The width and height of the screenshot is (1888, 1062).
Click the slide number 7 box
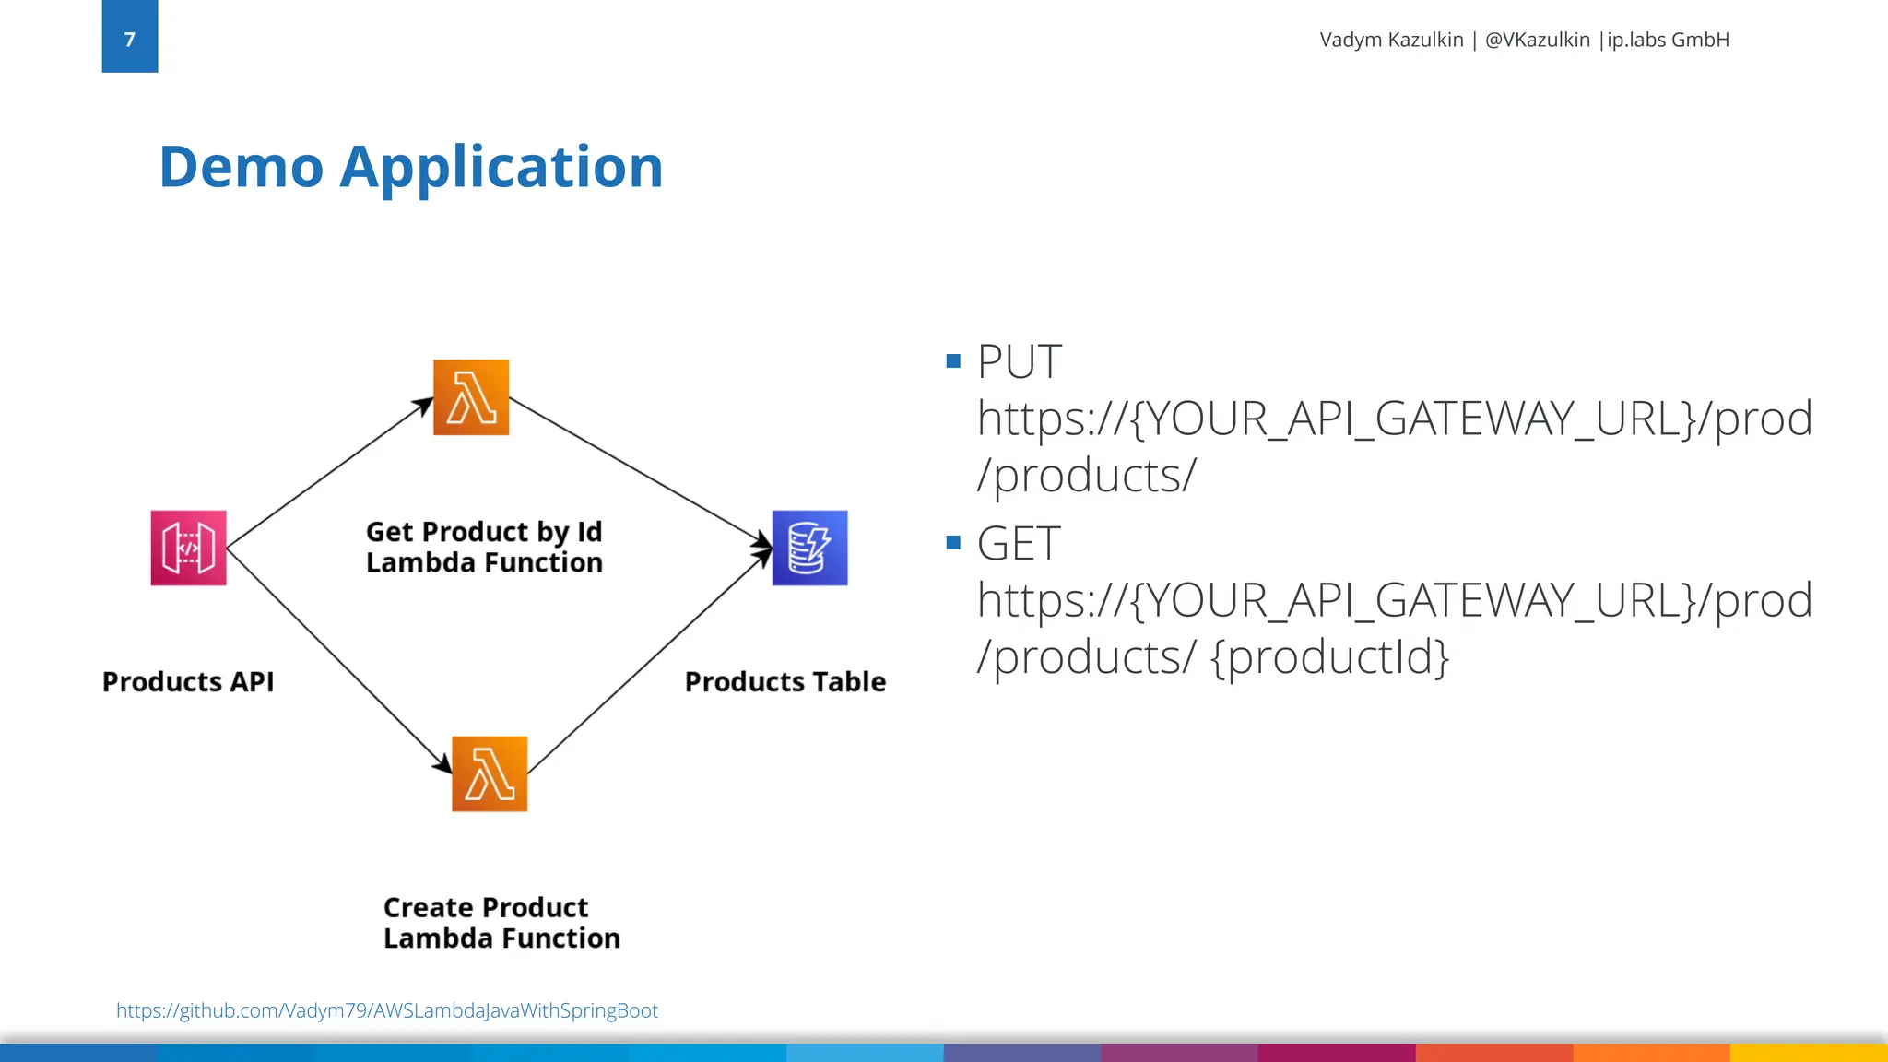click(129, 37)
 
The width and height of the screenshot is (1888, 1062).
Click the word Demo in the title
click(241, 167)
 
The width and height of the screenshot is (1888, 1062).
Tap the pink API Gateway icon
click(188, 548)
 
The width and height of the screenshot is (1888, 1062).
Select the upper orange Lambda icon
click(471, 397)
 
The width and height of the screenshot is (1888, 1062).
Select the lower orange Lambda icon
click(490, 773)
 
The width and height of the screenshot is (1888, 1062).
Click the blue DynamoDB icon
click(809, 548)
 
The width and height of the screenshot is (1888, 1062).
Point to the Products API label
click(188, 682)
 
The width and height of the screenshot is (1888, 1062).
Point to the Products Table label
click(785, 682)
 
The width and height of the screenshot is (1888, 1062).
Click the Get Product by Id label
click(484, 532)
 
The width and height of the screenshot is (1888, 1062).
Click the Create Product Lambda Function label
click(501, 923)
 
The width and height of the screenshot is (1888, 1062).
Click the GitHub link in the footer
click(387, 1010)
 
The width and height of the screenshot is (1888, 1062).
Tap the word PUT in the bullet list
click(1019, 361)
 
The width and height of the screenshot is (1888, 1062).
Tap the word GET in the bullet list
click(1019, 543)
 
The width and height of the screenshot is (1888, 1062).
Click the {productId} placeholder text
click(1329, 657)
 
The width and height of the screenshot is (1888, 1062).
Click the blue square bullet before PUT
click(953, 360)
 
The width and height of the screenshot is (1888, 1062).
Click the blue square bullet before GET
click(953, 542)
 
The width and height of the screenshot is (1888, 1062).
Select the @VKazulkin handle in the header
click(1537, 40)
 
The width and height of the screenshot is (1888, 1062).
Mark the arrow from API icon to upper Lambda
click(329, 473)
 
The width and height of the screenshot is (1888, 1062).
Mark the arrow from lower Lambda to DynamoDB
click(649, 662)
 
